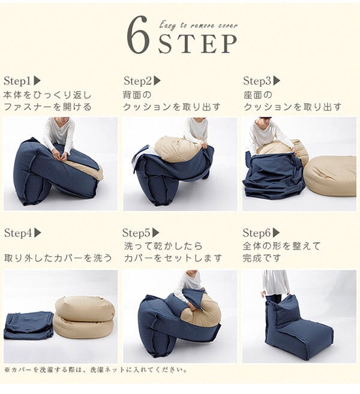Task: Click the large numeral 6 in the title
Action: pyautogui.click(x=137, y=35)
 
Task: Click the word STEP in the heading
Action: pyautogui.click(x=197, y=43)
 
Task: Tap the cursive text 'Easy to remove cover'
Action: pyautogui.click(x=199, y=25)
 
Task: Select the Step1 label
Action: pyautogui.click(x=17, y=81)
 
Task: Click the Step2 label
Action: pyautogui.click(x=137, y=81)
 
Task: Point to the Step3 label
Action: pyautogui.click(x=257, y=81)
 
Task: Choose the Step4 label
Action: pyautogui.click(x=18, y=233)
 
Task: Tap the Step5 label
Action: pyautogui.click(x=136, y=233)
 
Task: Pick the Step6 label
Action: pyautogui.click(x=256, y=233)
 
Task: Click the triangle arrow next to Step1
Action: pyautogui.click(x=37, y=81)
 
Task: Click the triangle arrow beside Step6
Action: pyautogui.click(x=276, y=233)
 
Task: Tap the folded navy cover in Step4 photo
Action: pyautogui.click(x=28, y=326)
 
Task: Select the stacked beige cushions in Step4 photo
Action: pyautogui.click(x=85, y=317)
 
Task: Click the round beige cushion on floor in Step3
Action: pyautogui.click(x=330, y=175)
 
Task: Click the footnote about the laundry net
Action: pyautogui.click(x=95, y=370)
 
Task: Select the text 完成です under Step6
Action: pyautogui.click(x=262, y=258)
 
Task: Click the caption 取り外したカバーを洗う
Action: pyautogui.click(x=58, y=258)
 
